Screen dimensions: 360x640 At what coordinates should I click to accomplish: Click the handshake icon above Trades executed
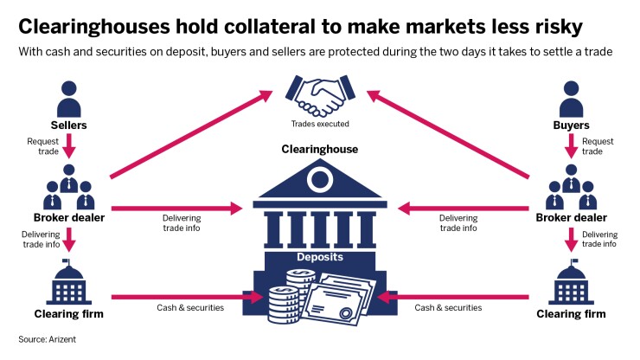click(x=319, y=96)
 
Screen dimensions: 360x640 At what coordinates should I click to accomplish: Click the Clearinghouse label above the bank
click(x=319, y=150)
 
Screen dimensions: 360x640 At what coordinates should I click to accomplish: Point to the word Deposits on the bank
click(x=320, y=257)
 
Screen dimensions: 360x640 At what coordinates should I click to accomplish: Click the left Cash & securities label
click(x=189, y=308)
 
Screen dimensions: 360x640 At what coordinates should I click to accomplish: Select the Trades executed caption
click(x=320, y=124)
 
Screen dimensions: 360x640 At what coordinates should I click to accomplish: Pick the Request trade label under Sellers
click(x=42, y=145)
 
